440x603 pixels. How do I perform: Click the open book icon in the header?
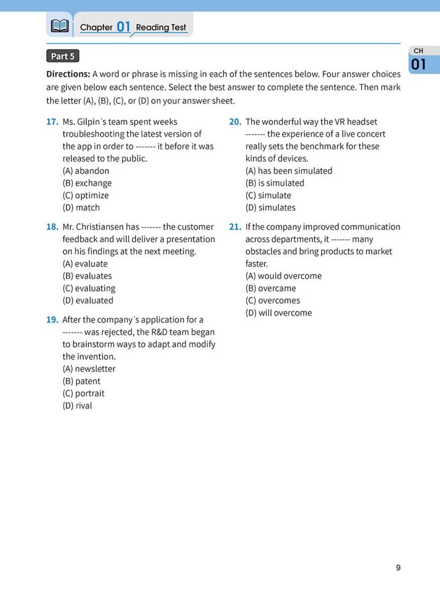click(59, 26)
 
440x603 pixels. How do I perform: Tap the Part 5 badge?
click(63, 56)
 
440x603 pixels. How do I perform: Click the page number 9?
click(398, 568)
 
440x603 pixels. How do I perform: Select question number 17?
click(52, 122)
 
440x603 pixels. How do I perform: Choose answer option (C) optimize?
click(85, 195)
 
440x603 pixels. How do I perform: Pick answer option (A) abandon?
click(85, 171)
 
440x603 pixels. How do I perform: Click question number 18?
click(52, 227)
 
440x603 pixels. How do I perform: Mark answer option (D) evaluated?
click(88, 300)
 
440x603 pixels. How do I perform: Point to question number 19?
click(52, 320)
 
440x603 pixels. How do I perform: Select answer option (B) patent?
click(81, 381)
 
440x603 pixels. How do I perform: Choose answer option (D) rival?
click(77, 406)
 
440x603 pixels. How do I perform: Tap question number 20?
click(235, 122)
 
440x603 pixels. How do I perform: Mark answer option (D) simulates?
click(270, 208)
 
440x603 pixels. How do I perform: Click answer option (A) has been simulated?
click(289, 171)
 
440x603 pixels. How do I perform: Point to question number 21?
click(235, 227)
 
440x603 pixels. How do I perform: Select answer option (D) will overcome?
click(279, 313)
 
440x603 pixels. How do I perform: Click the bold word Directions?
click(68, 74)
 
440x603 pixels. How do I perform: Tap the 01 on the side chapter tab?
click(419, 65)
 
